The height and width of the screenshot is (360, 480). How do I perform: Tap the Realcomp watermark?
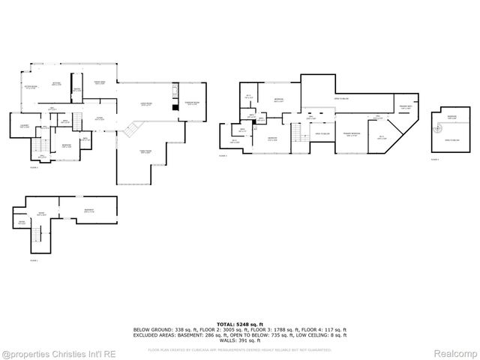(x=455, y=352)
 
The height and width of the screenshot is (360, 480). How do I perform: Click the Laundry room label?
(x=24, y=126)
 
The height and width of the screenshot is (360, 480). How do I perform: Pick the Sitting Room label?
(x=30, y=88)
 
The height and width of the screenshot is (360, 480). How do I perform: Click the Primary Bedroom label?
(x=351, y=134)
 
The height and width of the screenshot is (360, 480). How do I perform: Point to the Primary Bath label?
(x=406, y=108)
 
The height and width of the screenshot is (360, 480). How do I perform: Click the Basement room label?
(x=89, y=210)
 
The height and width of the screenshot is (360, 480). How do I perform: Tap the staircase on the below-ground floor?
(x=33, y=240)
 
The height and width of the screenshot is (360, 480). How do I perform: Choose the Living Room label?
(x=147, y=104)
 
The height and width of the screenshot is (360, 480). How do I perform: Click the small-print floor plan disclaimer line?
(x=239, y=349)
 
